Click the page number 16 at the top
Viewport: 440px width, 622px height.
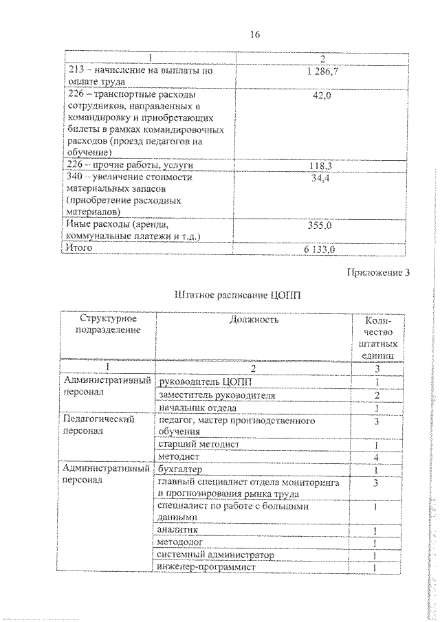(255, 34)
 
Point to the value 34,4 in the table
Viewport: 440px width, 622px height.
(322, 179)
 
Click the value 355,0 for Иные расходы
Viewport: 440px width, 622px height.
(322, 225)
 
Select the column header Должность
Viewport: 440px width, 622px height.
(254, 320)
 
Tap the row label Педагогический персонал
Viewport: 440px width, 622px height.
(98, 425)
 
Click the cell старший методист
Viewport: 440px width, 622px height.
(198, 444)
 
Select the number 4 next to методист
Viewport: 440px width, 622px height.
(377, 457)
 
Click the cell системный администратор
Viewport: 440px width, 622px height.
(215, 555)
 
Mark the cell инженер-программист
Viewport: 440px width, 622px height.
(206, 567)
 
